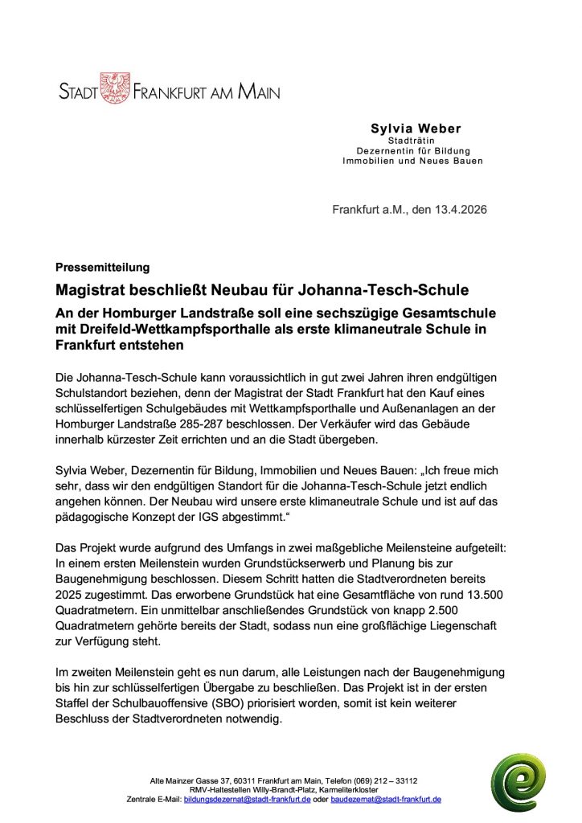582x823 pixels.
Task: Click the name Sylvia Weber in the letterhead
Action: click(x=416, y=129)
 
